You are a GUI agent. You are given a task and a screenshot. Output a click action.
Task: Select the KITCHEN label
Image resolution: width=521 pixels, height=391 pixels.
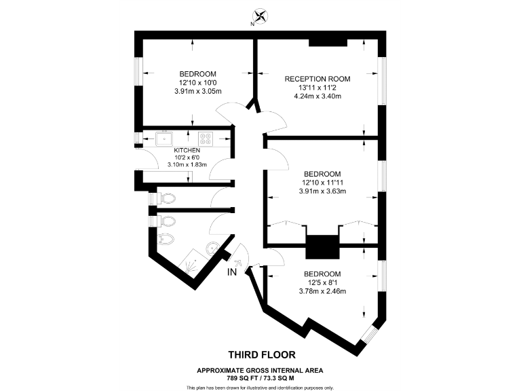tap(187, 150)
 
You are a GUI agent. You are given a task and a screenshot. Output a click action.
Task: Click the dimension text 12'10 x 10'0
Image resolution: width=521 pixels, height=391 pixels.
tap(197, 82)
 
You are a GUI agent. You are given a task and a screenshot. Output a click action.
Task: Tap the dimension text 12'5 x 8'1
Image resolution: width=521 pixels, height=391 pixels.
tap(322, 283)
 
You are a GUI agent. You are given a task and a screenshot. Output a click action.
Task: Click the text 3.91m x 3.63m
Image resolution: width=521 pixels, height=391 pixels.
tap(322, 191)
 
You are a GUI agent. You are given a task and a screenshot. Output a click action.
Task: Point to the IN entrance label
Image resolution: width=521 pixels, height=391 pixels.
tap(232, 273)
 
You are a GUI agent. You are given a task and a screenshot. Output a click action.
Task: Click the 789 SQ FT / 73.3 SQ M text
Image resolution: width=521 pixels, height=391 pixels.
tap(260, 377)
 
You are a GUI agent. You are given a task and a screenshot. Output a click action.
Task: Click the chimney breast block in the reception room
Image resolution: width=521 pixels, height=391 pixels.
tap(328, 43)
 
